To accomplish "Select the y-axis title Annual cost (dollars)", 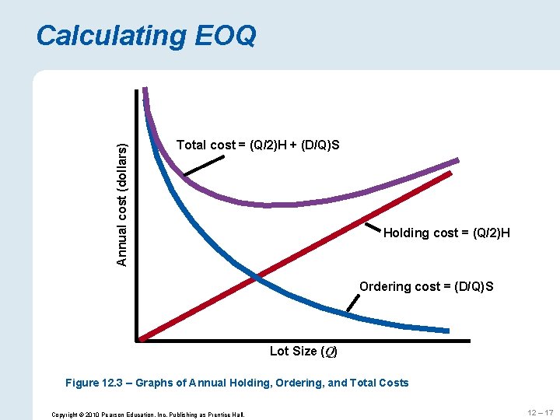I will [x=122, y=193].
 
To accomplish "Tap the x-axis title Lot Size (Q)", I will [x=303, y=351].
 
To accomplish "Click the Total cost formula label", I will [x=257, y=145].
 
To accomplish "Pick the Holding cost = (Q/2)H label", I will [x=446, y=233].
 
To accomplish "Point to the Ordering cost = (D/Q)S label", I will [x=426, y=286].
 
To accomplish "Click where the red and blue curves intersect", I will [x=257, y=275].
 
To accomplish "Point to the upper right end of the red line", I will [x=450, y=174].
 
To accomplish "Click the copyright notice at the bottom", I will [x=148, y=414].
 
